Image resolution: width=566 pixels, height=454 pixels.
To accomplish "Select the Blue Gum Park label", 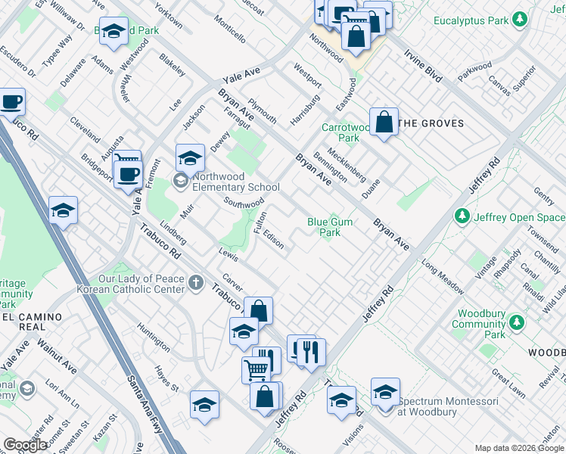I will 330,227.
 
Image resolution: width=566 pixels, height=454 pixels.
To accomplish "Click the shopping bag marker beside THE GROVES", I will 384,121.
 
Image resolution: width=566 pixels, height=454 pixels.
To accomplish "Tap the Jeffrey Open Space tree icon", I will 462,217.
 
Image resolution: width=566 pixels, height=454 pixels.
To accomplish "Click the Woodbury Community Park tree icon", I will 518,323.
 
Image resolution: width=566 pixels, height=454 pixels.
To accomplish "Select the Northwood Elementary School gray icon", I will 180,180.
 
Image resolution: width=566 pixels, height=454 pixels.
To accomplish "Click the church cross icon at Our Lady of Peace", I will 196,284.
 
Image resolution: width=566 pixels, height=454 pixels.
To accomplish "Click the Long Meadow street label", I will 443,278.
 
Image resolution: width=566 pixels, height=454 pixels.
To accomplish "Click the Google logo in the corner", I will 25,445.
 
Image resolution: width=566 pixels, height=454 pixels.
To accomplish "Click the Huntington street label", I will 154,337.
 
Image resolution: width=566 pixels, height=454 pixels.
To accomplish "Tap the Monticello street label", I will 229,30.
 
